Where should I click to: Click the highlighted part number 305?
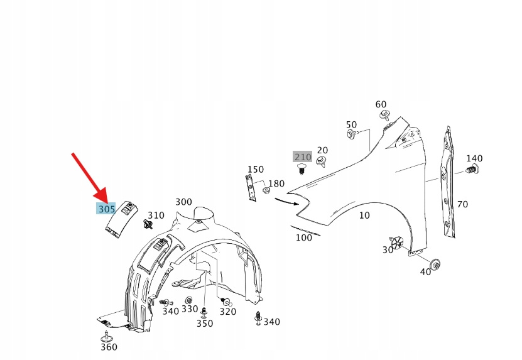point(106,209)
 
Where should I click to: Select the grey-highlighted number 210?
point(303,156)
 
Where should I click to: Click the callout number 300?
point(183,202)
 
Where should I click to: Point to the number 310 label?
point(156,215)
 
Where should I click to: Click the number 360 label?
point(109,347)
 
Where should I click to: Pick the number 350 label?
point(205,324)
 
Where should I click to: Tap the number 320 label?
point(227,312)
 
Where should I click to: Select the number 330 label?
point(190,309)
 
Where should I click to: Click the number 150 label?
point(255,170)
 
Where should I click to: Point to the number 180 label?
point(276,183)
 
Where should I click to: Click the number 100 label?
point(304,237)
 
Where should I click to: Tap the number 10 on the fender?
point(364,215)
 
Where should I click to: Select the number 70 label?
point(462,204)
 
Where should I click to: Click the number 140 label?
point(474,158)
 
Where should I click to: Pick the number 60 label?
point(381,104)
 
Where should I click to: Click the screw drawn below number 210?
point(303,168)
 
